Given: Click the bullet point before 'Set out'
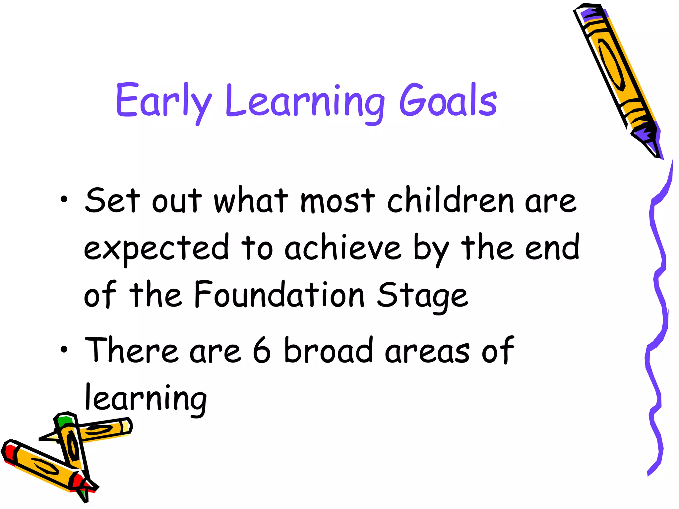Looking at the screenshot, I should [64, 199].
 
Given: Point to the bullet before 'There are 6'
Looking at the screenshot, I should [64, 349].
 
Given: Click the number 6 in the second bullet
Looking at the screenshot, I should [262, 350].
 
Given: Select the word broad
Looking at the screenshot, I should [328, 350].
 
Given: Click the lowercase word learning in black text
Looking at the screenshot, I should [146, 399].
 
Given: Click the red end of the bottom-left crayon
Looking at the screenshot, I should [10, 452].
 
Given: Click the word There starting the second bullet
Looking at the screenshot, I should [131, 350].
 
